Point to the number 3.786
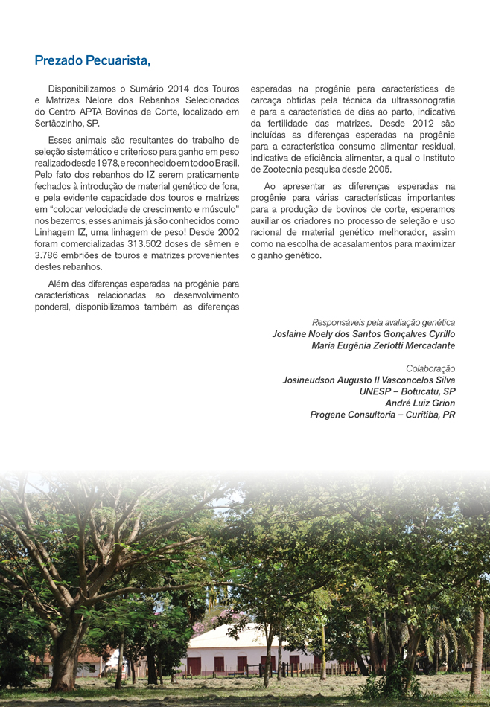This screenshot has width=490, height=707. pyautogui.click(x=51, y=255)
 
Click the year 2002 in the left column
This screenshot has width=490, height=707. pyautogui.click(x=226, y=232)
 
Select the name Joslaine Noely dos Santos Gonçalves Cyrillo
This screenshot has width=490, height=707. pyautogui.click(x=363, y=334)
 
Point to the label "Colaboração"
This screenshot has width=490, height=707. pyautogui.click(x=430, y=368)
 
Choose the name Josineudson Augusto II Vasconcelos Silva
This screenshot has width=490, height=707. pyautogui.click(x=369, y=380)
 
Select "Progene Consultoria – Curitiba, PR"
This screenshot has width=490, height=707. pyautogui.click(x=382, y=414)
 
